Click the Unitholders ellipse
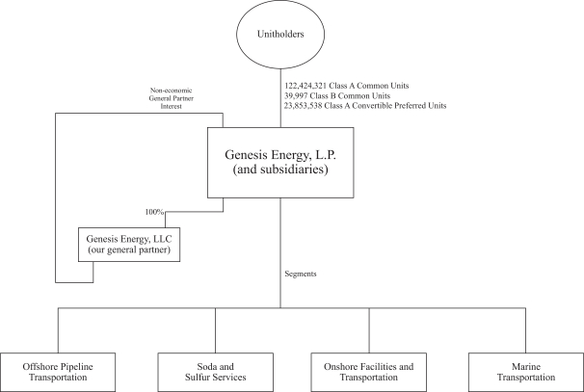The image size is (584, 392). pos(280,36)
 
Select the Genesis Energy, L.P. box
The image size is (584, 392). pos(279,163)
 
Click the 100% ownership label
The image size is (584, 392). pos(154,212)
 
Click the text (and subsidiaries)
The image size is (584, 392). pos(279,173)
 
